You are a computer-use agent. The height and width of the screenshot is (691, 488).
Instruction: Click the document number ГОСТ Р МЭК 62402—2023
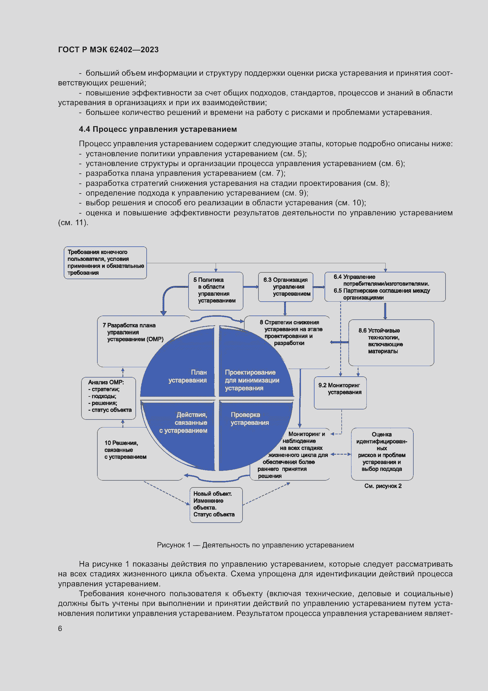click(108, 50)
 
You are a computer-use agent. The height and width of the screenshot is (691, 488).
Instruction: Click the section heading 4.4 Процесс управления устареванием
click(158, 129)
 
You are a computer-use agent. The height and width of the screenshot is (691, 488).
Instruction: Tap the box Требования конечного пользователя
click(105, 262)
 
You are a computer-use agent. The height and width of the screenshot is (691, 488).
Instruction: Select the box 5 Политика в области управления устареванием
click(215, 290)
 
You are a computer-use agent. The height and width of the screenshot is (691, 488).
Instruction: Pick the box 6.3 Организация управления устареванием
click(286, 287)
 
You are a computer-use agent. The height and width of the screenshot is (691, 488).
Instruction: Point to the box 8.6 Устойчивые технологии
click(391, 342)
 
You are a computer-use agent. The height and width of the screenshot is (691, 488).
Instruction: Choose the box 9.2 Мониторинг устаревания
click(340, 392)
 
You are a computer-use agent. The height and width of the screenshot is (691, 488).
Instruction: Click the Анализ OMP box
click(109, 398)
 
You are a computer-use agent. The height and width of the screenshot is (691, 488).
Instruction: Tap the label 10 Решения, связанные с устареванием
click(125, 450)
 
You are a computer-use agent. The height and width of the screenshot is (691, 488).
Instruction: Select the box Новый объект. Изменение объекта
click(216, 505)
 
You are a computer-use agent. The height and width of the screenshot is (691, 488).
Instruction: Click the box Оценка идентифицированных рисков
click(382, 453)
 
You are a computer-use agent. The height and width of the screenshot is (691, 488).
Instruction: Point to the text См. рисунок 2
click(383, 486)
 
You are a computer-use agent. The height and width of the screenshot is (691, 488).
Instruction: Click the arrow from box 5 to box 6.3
click(250, 287)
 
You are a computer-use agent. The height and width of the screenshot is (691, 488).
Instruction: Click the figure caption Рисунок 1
click(255, 545)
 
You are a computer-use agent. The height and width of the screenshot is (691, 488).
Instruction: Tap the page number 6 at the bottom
click(60, 629)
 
